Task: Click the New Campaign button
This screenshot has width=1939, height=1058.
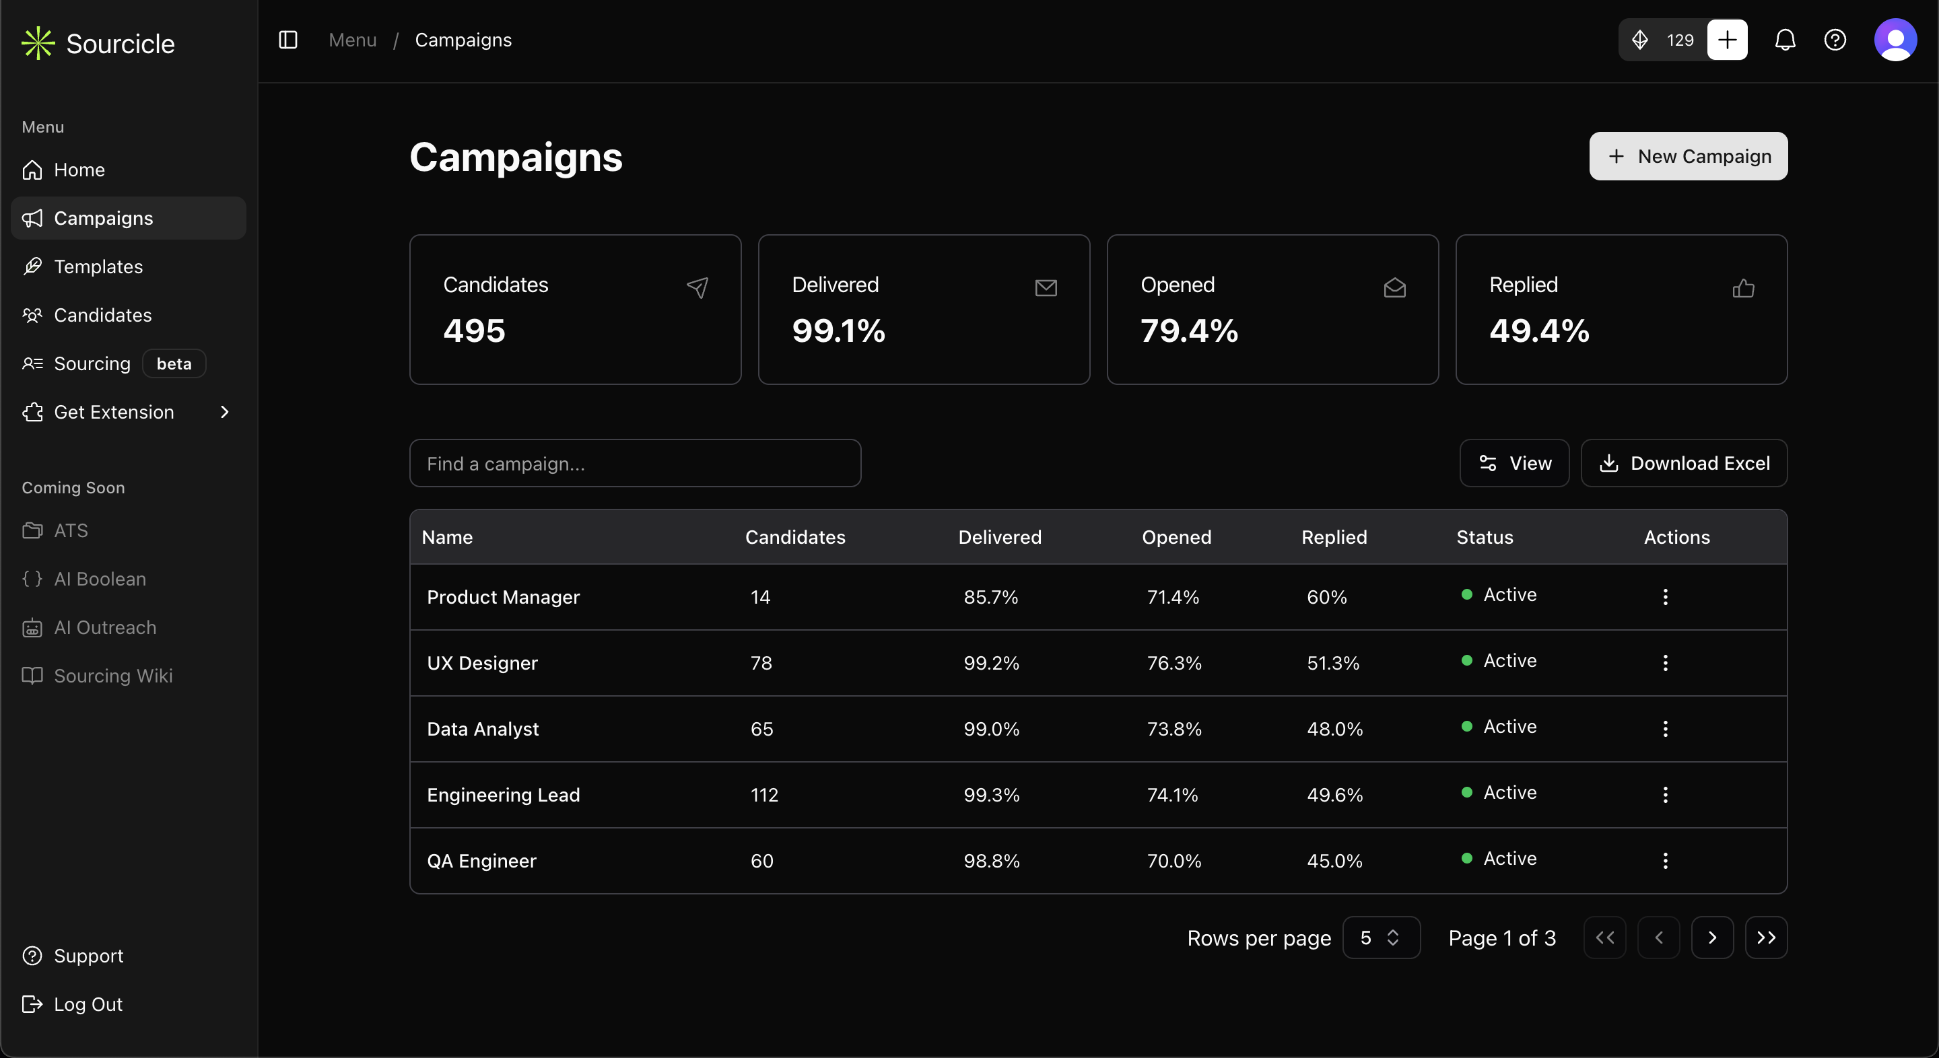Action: pos(1688,157)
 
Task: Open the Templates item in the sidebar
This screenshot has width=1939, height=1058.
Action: pos(98,267)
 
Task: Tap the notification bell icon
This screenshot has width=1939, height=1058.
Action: pos(1785,40)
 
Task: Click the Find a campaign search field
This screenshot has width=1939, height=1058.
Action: pos(634,464)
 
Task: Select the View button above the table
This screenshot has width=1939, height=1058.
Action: pos(1514,464)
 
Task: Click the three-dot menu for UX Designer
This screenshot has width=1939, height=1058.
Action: pos(1665,663)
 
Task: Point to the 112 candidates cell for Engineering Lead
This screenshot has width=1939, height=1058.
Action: pos(764,795)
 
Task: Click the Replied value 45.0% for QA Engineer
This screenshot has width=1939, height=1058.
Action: pos(1334,861)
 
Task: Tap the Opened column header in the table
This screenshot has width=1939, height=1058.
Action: pos(1176,537)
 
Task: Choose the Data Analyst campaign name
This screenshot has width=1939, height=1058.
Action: pos(483,729)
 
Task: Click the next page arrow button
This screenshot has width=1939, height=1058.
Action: pos(1711,938)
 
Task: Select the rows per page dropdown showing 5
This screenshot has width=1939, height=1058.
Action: pos(1380,938)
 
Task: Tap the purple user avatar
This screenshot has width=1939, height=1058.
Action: pos(1895,40)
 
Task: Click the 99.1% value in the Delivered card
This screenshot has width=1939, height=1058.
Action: pos(838,331)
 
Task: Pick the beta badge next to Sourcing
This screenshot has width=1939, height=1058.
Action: pos(174,363)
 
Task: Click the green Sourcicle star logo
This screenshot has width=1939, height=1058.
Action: pos(38,44)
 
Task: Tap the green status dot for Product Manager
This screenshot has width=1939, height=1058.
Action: pos(1466,594)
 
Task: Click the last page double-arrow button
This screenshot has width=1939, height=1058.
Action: pos(1766,938)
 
